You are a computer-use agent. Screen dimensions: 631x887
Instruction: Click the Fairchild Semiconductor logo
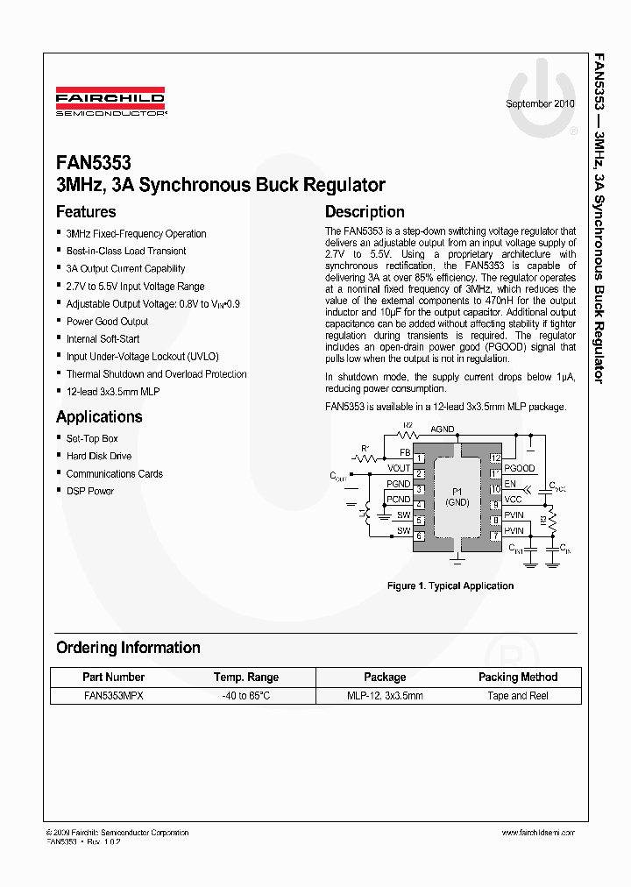(x=111, y=101)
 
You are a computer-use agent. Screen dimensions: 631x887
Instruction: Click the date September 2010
(x=540, y=103)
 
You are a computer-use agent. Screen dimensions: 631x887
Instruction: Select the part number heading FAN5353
(x=94, y=164)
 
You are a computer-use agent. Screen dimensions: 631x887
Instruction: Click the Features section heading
(x=86, y=211)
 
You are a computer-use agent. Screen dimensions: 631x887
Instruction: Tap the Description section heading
(x=365, y=211)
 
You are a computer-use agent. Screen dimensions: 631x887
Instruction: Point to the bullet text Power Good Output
(x=108, y=322)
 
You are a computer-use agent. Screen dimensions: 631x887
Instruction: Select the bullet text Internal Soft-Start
(x=103, y=339)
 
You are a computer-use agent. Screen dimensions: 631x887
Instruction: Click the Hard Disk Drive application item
(x=99, y=456)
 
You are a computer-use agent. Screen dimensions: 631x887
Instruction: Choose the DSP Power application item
(x=90, y=491)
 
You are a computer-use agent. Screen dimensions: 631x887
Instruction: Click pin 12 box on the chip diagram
(x=495, y=458)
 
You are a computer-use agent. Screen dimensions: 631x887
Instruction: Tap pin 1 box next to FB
(x=420, y=458)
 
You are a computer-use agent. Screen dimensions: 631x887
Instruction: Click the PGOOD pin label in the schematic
(x=520, y=469)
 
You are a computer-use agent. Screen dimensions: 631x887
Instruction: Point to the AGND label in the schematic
(x=443, y=429)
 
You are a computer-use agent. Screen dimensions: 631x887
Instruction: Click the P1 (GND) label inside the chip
(x=457, y=496)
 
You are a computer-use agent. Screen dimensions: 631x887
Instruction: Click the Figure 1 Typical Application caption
(x=450, y=585)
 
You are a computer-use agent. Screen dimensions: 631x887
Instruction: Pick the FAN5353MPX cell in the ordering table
(x=113, y=695)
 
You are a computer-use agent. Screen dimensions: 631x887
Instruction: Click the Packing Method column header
(x=518, y=677)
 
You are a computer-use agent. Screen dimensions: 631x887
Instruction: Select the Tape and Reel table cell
(x=518, y=695)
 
